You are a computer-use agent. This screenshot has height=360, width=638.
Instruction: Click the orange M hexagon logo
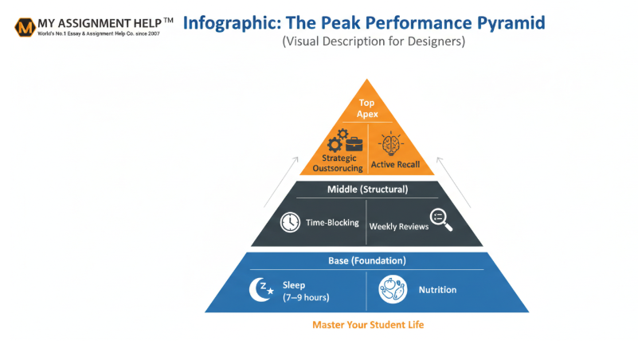coord(25,27)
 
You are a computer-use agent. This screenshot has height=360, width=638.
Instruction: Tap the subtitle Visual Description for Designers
coord(373,42)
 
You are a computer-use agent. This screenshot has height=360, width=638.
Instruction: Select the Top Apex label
coord(366,108)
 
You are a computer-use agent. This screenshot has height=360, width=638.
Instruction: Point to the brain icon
coord(391,144)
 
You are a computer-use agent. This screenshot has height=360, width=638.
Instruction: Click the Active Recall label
coord(396,166)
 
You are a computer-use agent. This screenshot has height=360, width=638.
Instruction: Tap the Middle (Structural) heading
coord(368,190)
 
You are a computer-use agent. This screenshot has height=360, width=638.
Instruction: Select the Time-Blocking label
coord(333,224)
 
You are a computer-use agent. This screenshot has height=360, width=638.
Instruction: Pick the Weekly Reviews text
coord(398,226)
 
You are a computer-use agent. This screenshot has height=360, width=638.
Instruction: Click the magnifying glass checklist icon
coord(440,220)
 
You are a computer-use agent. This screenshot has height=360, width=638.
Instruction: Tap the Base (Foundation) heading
coord(367,260)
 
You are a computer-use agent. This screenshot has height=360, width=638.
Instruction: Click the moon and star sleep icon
coord(260,290)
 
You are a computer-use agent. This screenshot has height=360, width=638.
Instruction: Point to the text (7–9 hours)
coord(306,297)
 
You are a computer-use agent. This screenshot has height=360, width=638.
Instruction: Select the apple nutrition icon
coord(392,289)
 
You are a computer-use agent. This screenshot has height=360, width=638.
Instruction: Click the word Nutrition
coord(437,290)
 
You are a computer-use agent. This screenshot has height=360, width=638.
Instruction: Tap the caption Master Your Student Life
coord(367,325)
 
